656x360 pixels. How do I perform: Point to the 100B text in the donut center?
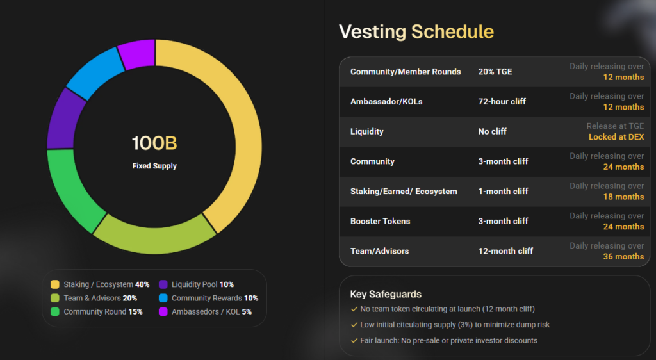[154, 143]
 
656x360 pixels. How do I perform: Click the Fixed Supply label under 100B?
[154, 166]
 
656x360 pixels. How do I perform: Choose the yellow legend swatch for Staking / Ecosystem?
[55, 284]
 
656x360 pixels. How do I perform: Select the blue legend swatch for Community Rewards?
[163, 298]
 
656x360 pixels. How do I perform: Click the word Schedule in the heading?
[452, 32]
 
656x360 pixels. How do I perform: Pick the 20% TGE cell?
[495, 72]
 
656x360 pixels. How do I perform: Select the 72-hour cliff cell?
[502, 101]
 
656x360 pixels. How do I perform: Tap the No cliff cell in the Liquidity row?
[492, 131]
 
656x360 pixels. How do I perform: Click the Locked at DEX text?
[616, 137]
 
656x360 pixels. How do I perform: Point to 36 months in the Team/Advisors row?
[623, 257]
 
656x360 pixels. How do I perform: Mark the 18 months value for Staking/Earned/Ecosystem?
[623, 197]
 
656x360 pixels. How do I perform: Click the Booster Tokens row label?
[381, 221]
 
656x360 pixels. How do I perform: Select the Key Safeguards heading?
[386, 294]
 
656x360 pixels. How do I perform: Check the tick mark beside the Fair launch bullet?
[354, 341]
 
